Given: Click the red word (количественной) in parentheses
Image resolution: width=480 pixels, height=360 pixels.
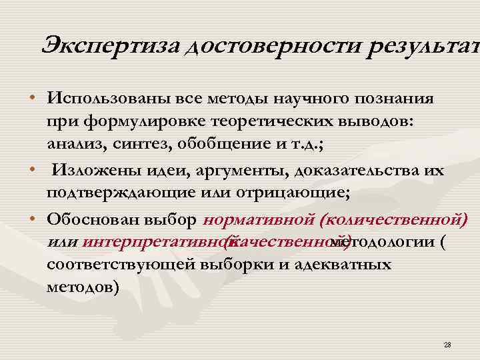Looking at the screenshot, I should point(394,219).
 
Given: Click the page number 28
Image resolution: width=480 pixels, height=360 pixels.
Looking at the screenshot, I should point(447,344).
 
